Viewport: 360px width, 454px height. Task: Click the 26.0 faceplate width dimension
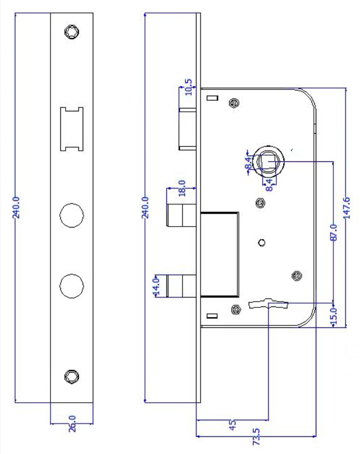[72, 424]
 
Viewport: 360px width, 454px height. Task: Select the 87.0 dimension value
[333, 232]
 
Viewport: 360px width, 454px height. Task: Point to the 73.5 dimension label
[256, 436]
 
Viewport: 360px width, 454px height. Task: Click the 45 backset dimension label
[233, 425]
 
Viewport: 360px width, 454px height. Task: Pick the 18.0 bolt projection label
[182, 188]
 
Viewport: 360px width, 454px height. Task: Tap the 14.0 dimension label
[156, 286]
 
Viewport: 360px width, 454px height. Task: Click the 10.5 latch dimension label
[188, 87]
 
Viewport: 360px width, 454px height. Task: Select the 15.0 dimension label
[333, 316]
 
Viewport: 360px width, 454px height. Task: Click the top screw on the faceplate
[72, 31]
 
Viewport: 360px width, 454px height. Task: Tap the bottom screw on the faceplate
[72, 377]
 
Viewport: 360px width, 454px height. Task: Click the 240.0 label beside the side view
[145, 207]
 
